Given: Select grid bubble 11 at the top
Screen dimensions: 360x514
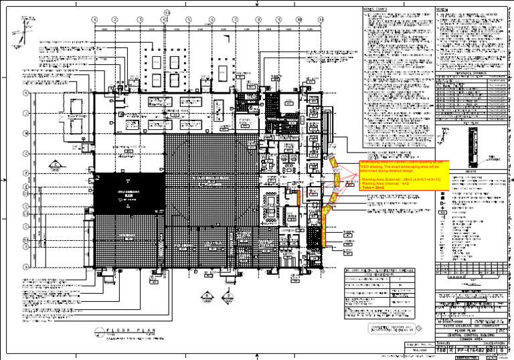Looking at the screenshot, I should point(323,20).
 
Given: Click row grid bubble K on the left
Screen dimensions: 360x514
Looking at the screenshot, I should point(25,92).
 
